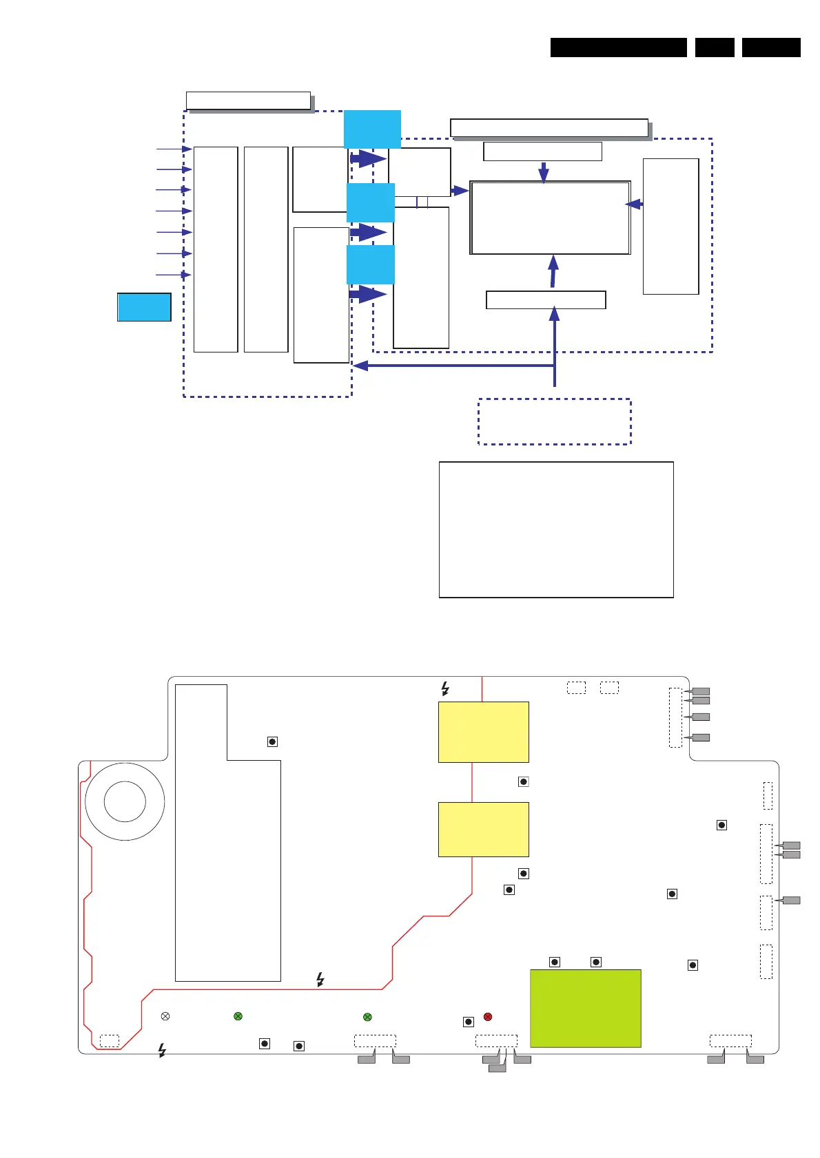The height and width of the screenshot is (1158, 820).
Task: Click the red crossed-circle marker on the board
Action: tap(488, 1017)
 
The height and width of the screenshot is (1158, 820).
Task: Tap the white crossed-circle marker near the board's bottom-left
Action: tap(165, 1016)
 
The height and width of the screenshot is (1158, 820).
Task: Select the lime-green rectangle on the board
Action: tap(585, 1008)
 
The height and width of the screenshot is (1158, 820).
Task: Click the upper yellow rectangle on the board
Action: tap(483, 732)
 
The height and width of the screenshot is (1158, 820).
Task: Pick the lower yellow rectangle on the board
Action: tap(483, 829)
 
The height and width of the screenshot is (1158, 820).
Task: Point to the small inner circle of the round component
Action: tap(125, 801)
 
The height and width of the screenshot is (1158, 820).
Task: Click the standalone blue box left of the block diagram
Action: tap(144, 307)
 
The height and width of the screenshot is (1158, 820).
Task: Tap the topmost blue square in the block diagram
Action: tap(372, 129)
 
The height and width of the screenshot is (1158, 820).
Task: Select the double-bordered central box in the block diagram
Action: tap(550, 218)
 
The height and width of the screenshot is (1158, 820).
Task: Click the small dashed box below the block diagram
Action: tap(554, 421)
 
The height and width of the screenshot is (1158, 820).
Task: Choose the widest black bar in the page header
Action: tap(618, 48)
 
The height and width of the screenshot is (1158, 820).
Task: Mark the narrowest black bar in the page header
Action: tap(714, 48)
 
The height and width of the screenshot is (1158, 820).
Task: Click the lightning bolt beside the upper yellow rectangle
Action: tap(445, 688)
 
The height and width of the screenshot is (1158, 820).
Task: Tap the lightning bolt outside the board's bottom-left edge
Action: tap(162, 1051)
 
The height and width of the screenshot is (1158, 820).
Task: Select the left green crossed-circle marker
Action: tap(238, 1016)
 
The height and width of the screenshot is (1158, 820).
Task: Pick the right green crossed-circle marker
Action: tap(367, 1017)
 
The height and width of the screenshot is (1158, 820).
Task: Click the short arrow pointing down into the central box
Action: tap(544, 172)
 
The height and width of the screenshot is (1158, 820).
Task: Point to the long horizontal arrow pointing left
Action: tap(455, 366)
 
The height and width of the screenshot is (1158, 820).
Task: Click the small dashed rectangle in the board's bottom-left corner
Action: tap(109, 1040)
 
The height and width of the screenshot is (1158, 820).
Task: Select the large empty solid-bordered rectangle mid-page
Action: tap(556, 529)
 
